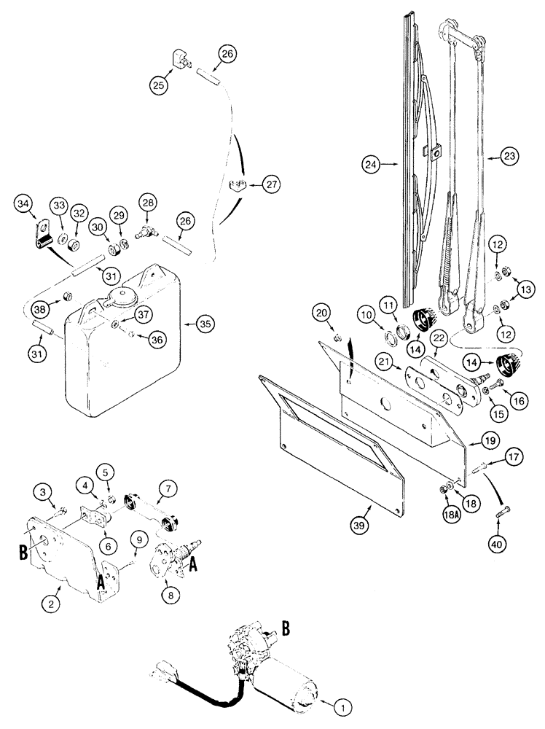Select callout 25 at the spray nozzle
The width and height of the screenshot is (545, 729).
coord(159,85)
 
